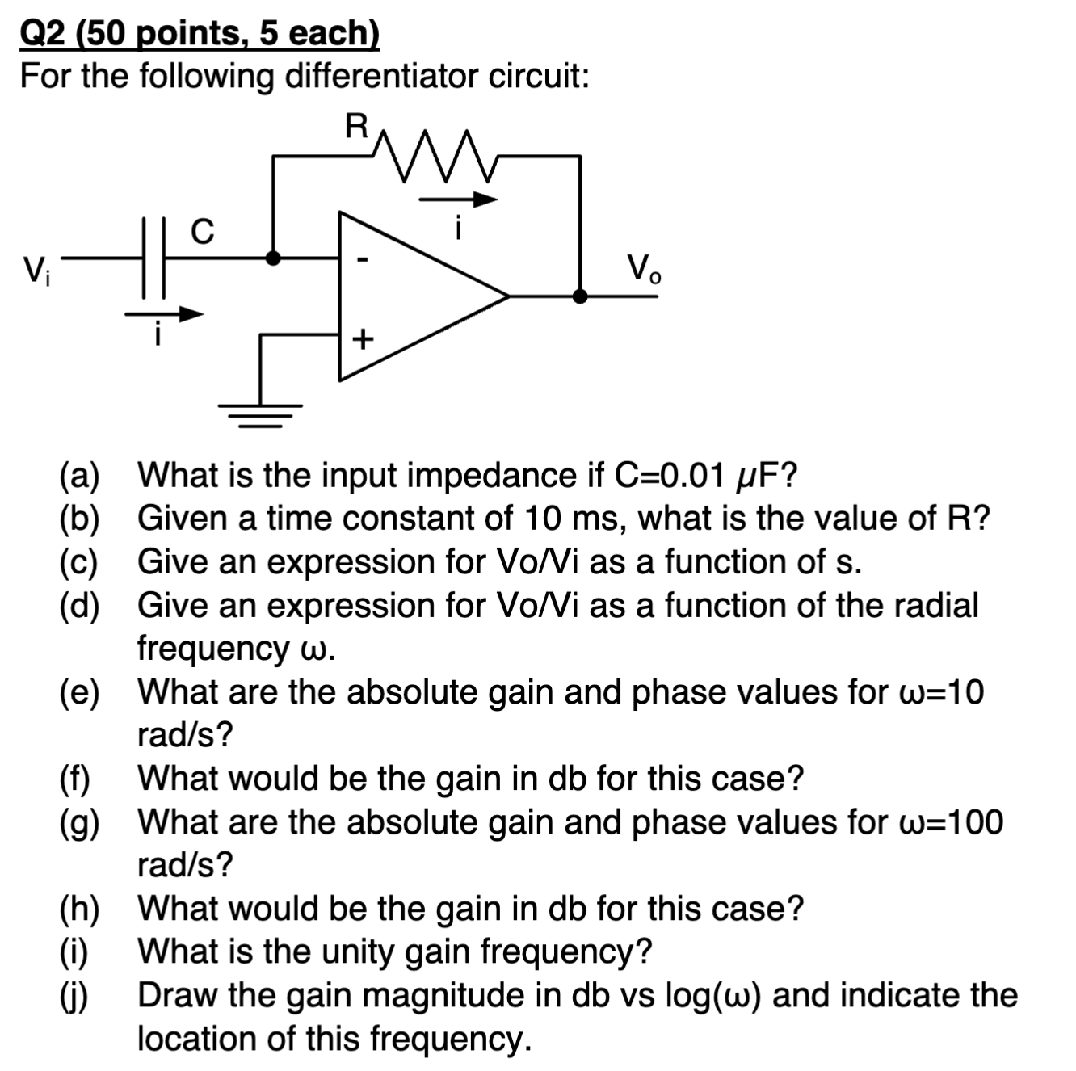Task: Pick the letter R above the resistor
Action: tap(356, 127)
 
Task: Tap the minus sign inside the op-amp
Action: tap(363, 260)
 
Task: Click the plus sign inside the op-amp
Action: tap(362, 338)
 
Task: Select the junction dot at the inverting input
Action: tap(274, 258)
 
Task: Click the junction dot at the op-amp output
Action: tap(579, 296)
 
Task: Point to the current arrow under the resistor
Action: tap(457, 199)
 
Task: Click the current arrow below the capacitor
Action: tap(165, 315)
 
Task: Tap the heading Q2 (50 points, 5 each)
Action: tap(199, 33)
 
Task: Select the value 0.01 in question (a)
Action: tap(688, 474)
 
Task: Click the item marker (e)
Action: tap(79, 692)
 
